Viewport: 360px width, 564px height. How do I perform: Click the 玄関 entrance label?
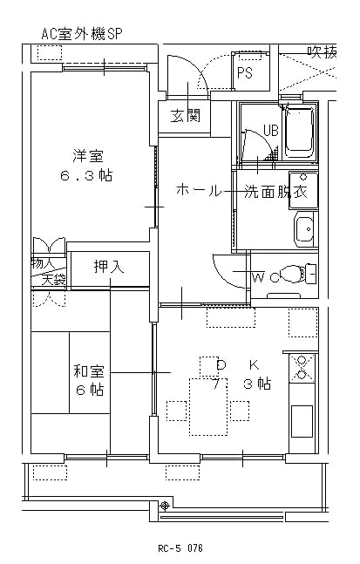coord(185,116)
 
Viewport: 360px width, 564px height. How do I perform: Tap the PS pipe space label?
coord(245,73)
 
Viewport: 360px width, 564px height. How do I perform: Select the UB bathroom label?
coord(271,130)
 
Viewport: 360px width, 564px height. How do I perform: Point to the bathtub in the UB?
coord(298,132)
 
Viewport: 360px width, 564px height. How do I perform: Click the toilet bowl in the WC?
coord(291,275)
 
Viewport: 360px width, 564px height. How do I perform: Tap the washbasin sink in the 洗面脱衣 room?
coord(304,229)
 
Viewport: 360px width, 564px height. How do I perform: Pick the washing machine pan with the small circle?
coord(304,191)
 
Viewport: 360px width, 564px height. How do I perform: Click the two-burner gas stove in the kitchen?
coord(302,368)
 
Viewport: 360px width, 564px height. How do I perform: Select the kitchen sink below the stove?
coord(302,421)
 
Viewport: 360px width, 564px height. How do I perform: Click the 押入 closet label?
coord(109,267)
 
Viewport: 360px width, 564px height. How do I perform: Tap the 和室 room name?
coord(89,370)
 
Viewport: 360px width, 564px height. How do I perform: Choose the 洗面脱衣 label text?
coord(275,191)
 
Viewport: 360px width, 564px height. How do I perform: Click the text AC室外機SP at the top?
coord(82,34)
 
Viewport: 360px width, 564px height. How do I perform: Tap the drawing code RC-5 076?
coord(180,548)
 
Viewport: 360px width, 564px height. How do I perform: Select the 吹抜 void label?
coord(323,52)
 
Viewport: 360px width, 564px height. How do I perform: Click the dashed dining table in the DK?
coord(208,407)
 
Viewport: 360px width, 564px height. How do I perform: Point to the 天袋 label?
coord(53,280)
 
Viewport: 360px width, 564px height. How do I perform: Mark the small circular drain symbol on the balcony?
coord(165,506)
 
